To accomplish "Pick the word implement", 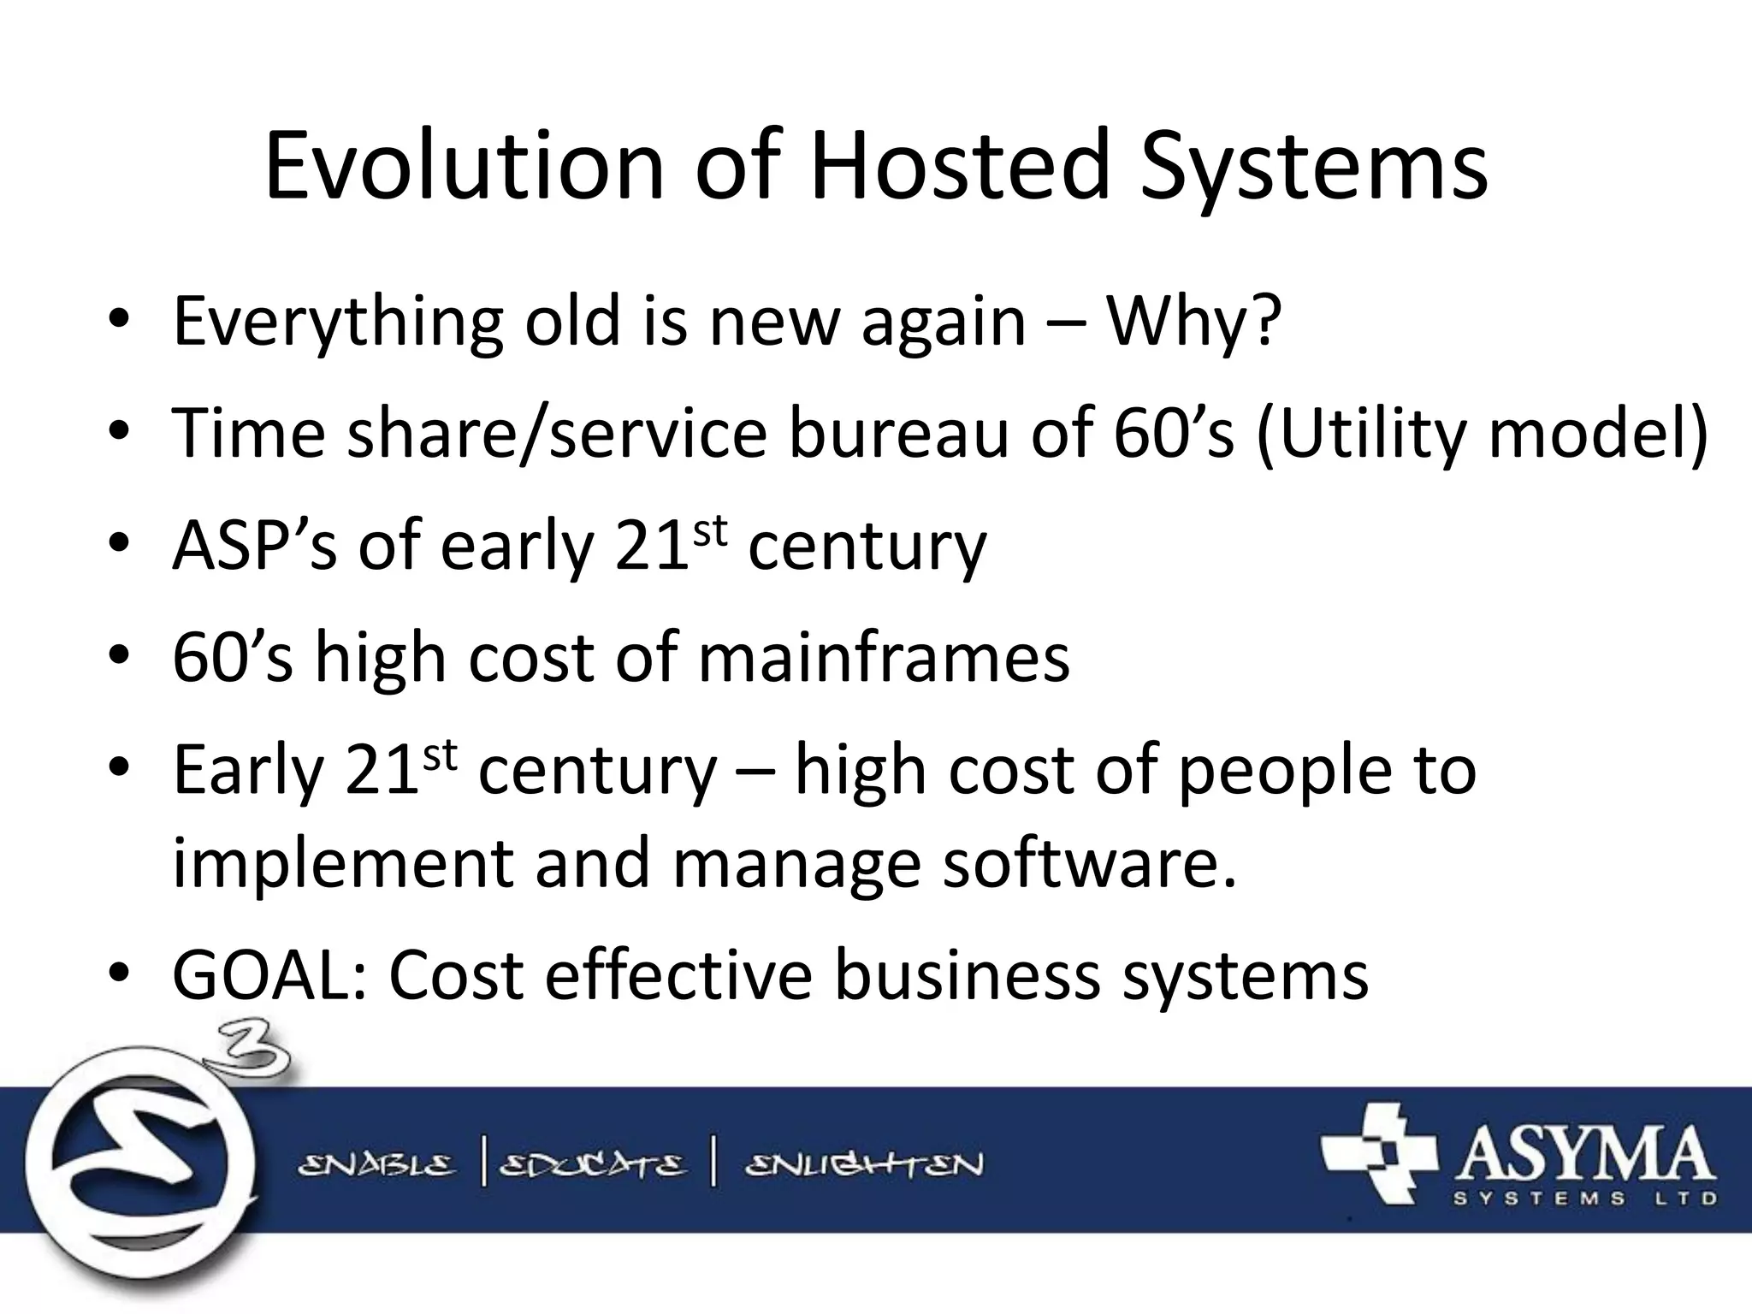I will pos(342,864).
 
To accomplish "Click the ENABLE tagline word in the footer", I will pos(376,1165).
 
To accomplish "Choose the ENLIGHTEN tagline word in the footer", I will pos(864,1165).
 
